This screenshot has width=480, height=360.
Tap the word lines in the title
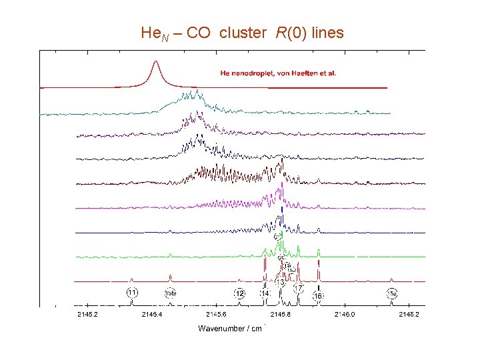tap(325, 33)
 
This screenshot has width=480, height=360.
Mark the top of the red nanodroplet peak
tap(156, 62)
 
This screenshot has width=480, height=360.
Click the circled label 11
tap(133, 292)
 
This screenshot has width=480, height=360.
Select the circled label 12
tap(239, 293)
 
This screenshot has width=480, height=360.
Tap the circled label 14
tap(265, 293)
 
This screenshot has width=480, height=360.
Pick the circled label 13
tap(281, 283)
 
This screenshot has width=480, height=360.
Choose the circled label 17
tap(298, 288)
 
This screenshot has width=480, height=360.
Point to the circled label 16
tap(319, 295)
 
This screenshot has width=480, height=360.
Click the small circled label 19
tap(286, 267)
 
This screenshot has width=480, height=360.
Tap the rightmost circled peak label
tap(392, 293)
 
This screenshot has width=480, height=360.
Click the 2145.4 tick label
tap(152, 314)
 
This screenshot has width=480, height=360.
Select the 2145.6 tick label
tap(216, 314)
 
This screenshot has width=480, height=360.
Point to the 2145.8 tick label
tap(280, 314)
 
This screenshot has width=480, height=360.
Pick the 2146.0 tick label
tap(344, 314)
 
